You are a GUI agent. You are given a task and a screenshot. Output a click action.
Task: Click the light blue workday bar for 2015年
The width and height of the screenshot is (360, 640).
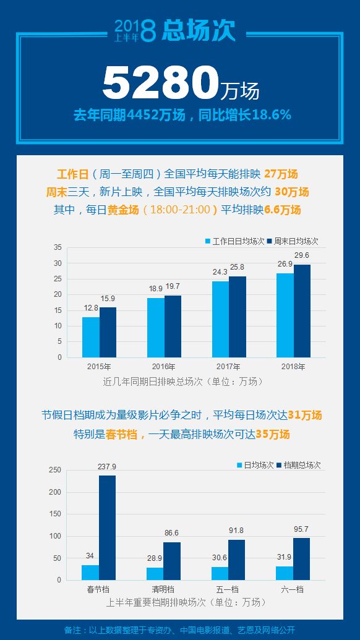click(x=91, y=337)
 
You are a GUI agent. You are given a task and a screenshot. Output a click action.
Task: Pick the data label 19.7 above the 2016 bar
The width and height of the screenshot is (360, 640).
click(x=173, y=286)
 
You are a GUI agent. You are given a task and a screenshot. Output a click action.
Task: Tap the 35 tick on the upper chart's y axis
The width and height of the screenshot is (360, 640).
click(x=58, y=247)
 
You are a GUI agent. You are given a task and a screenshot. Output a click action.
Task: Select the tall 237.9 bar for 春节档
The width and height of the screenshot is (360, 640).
click(x=107, y=527)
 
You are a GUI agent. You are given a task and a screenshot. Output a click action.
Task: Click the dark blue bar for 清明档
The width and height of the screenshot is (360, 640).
click(x=172, y=561)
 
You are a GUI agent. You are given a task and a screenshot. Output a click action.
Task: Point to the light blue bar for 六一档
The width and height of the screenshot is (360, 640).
click(x=285, y=573)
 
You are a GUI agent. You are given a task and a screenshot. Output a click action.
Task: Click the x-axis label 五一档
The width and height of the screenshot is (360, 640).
click(x=228, y=589)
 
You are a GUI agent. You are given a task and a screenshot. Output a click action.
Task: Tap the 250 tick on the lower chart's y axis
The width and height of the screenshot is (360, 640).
click(x=56, y=471)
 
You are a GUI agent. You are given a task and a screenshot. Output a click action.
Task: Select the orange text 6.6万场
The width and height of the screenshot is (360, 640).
click(x=286, y=210)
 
